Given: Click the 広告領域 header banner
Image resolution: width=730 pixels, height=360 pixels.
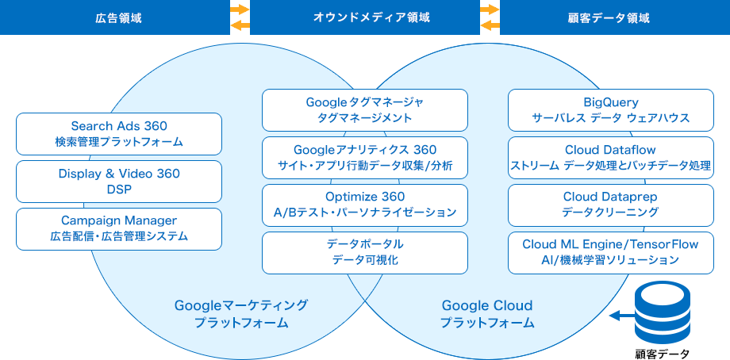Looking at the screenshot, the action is [x=115, y=17].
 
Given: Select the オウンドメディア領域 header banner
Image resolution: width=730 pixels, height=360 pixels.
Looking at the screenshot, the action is [x=365, y=17].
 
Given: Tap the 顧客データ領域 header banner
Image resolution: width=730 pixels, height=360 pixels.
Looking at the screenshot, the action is [x=615, y=17].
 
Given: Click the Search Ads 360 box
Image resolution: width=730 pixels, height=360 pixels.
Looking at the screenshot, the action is [x=119, y=134].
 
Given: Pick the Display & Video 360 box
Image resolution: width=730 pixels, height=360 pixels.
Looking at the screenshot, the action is [x=119, y=182].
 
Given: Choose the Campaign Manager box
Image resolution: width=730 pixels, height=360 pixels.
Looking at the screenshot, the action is [x=119, y=229].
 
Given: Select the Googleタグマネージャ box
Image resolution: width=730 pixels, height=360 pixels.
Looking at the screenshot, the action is [x=365, y=110].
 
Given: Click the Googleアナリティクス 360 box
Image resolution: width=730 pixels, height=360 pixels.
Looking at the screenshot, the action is [x=365, y=158].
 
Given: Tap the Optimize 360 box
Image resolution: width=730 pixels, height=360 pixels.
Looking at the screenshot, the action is [x=365, y=205].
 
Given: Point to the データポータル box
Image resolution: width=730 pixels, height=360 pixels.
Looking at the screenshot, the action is [x=365, y=253].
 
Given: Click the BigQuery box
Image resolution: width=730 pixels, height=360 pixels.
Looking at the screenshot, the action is [x=611, y=110].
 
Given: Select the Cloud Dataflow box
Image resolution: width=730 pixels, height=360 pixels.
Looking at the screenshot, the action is [x=611, y=158].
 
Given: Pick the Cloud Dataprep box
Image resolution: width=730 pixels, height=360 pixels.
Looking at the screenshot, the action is [x=611, y=205].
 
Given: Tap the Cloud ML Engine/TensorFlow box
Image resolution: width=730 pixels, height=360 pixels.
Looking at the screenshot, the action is [x=611, y=253].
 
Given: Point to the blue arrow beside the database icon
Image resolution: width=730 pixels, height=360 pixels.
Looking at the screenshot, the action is [x=622, y=316].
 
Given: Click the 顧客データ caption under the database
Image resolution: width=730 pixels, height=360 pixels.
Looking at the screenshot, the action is [x=664, y=354].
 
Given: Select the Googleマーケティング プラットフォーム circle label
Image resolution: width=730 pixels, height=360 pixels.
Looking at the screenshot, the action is [x=241, y=314].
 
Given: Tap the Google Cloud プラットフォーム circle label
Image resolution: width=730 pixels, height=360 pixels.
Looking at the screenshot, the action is [x=487, y=314].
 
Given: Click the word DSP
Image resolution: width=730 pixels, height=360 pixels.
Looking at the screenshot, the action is [x=119, y=190].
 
